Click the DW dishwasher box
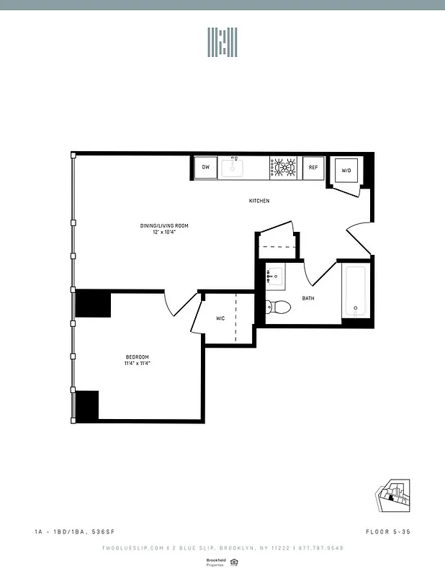point(205,168)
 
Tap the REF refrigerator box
point(313,168)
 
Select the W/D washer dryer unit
point(346,171)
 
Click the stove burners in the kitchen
point(284,168)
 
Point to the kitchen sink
point(233,167)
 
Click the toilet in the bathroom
point(278,307)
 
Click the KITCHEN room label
point(259,201)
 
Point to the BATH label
point(308,298)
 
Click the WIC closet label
point(222,318)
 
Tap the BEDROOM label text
point(137,357)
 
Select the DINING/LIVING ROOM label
point(158,225)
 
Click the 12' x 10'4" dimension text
point(158,232)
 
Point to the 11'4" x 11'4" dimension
point(137,364)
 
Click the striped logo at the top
point(223,42)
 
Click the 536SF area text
point(102,532)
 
